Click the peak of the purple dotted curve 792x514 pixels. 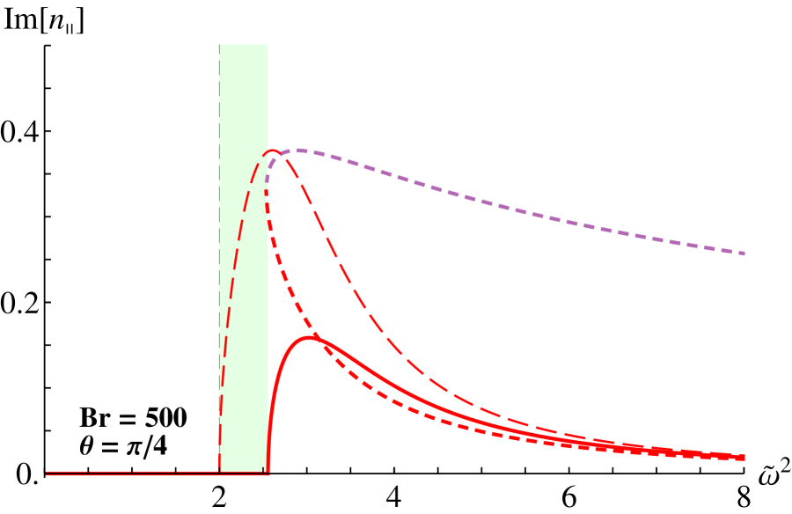[298, 151]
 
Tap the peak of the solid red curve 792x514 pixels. [310, 337]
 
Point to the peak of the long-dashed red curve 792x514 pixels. [273, 151]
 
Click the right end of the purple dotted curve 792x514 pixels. [744, 253]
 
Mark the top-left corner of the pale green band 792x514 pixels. [219, 45]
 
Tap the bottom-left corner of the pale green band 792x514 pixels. [219, 472]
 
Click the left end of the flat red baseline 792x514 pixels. [47, 474]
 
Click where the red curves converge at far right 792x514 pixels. [739, 457]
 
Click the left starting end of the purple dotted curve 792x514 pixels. [267, 181]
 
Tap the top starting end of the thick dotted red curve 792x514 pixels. [267, 192]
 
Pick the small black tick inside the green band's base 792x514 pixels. [263, 469]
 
